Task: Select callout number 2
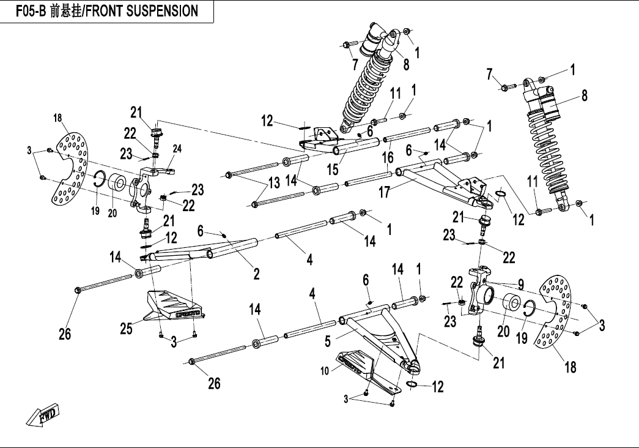pos(257,274)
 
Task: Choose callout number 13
pos(273,182)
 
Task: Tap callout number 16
pos(386,157)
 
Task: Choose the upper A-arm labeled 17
pos(440,177)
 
